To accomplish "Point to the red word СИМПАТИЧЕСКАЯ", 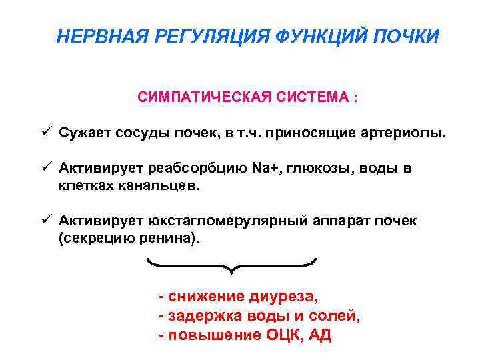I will point(200,97).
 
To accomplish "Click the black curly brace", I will point(231,266).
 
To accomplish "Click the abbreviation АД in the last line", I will point(320,335).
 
